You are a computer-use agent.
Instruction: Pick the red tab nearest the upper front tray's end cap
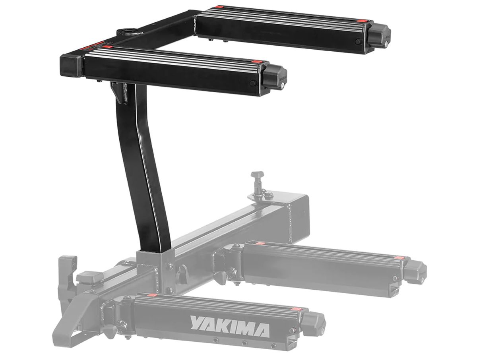pos(257,62)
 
